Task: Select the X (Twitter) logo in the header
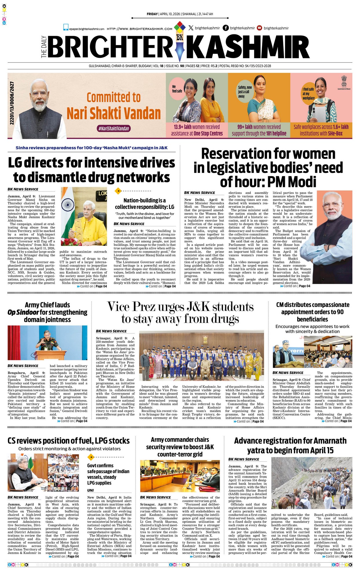pyautogui.click(x=191, y=28)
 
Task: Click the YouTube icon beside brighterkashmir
pyautogui.click(x=259, y=28)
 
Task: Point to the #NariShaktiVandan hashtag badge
pyautogui.click(x=114, y=129)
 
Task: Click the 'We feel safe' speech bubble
pyautogui.click(x=177, y=89)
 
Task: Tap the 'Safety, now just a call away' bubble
pyautogui.click(x=245, y=92)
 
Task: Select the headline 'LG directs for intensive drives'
pyautogui.click(x=91, y=163)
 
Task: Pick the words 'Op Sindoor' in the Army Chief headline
pyautogui.click(x=23, y=312)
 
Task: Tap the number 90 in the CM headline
pyautogui.click(x=340, y=312)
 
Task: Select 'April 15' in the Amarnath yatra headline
pyautogui.click(x=322, y=451)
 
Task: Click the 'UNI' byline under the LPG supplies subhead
pyautogui.click(x=91, y=490)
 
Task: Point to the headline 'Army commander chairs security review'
pyautogui.click(x=180, y=447)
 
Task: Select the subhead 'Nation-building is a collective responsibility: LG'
pyautogui.click(x=145, y=203)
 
